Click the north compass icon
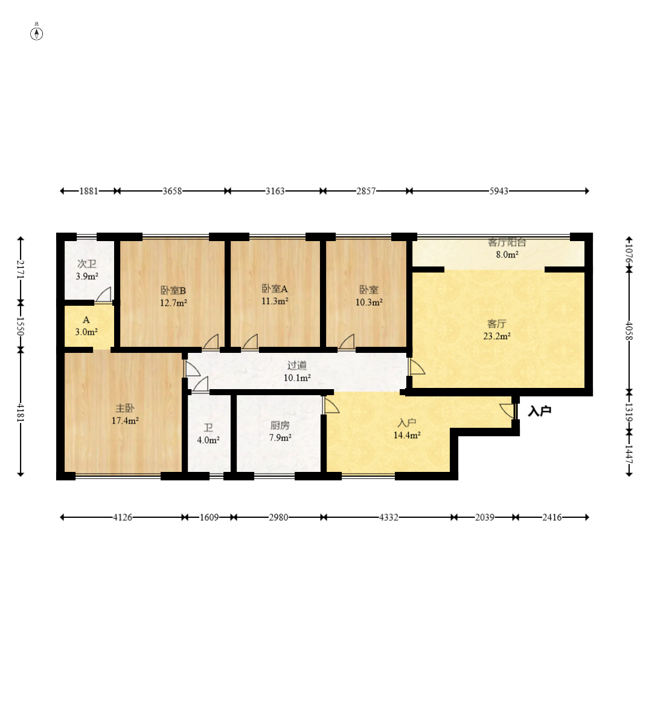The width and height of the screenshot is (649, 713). [x=36, y=34]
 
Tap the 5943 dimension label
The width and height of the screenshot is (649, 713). [x=499, y=192]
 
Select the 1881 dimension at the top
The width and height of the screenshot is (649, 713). [x=89, y=192]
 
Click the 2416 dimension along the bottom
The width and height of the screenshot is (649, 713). [x=552, y=517]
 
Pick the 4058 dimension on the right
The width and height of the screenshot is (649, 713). [x=629, y=331]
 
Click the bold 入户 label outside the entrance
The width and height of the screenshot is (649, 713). [x=540, y=411]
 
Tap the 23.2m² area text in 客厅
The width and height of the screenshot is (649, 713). [x=497, y=337]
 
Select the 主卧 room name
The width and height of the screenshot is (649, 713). [x=125, y=408]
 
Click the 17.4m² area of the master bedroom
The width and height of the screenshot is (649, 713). [x=125, y=421]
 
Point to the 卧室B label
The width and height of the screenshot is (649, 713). [x=173, y=290]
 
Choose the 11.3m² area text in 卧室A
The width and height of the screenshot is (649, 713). [x=275, y=301]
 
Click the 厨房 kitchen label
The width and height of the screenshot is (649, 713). [x=280, y=425]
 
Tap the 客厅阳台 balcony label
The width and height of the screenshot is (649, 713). [x=507, y=242]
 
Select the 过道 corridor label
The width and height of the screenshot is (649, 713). [x=297, y=365]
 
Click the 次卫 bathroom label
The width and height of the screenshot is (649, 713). [x=87, y=263]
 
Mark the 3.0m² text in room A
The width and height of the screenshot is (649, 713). [x=86, y=332]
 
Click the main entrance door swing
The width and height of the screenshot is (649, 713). [x=508, y=411]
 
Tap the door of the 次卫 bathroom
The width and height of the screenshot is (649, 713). [x=104, y=295]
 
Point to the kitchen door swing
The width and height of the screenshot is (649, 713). [x=331, y=405]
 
